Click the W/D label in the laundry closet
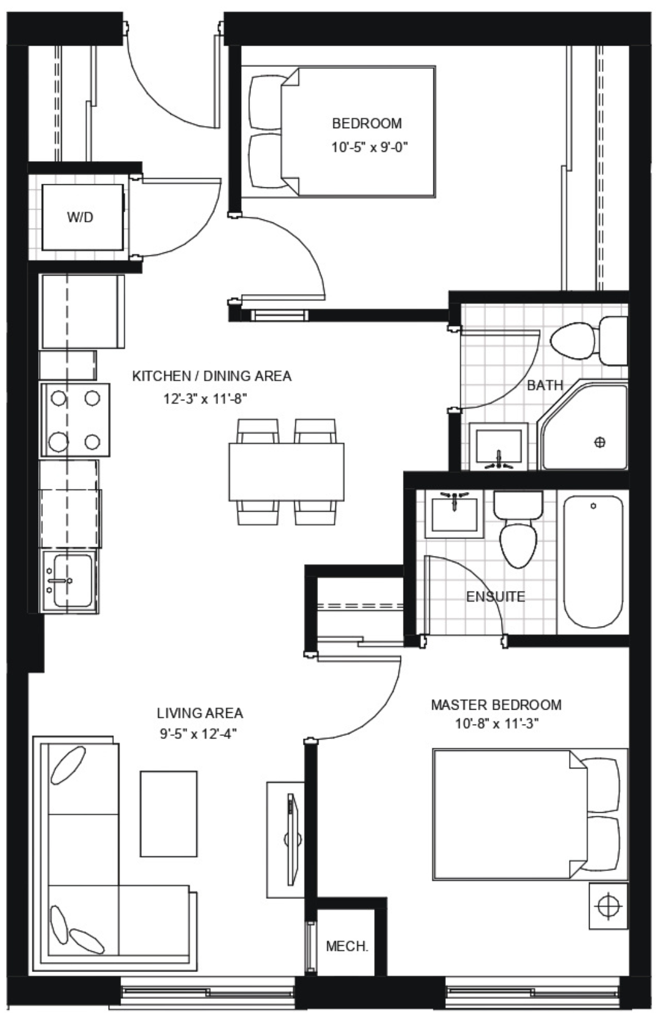click(80, 217)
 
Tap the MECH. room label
click(347, 946)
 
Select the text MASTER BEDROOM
click(496, 705)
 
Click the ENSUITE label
click(495, 597)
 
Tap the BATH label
click(545, 385)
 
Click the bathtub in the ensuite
click(593, 562)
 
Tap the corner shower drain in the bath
click(599, 442)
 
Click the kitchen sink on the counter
click(72, 581)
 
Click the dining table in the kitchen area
click(286, 472)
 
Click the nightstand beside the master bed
click(608, 905)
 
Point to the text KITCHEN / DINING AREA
click(212, 376)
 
